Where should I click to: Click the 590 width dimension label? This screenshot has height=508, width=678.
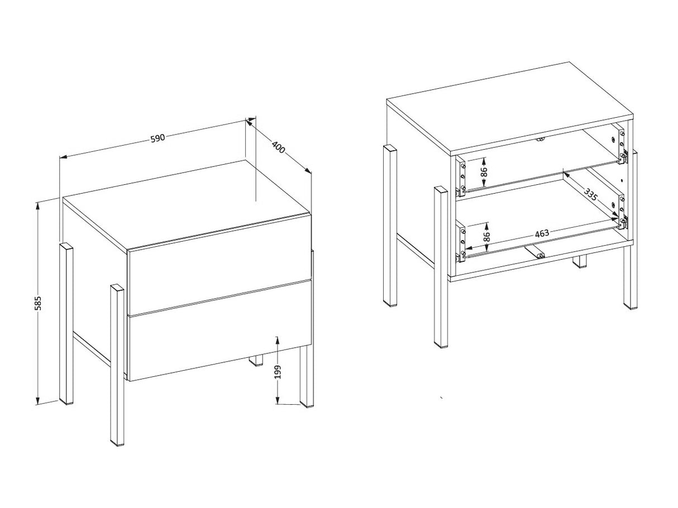tap(157, 138)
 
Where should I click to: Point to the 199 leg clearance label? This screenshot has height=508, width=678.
tap(278, 372)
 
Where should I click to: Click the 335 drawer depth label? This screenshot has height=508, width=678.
tap(590, 195)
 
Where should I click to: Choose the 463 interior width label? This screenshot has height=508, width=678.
tap(542, 233)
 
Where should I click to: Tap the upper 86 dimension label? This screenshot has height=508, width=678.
tap(484, 171)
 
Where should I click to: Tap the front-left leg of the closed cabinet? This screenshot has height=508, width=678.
tap(117, 365)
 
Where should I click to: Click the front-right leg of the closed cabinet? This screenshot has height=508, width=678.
tap(307, 376)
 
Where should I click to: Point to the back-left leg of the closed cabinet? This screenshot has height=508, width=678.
tap(66, 323)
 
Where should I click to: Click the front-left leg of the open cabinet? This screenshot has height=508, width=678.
tap(441, 267)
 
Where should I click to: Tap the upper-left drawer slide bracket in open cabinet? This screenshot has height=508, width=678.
tap(461, 176)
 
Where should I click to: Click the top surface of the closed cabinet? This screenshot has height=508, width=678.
tap(187, 203)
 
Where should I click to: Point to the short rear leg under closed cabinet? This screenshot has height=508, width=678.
tap(256, 360)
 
